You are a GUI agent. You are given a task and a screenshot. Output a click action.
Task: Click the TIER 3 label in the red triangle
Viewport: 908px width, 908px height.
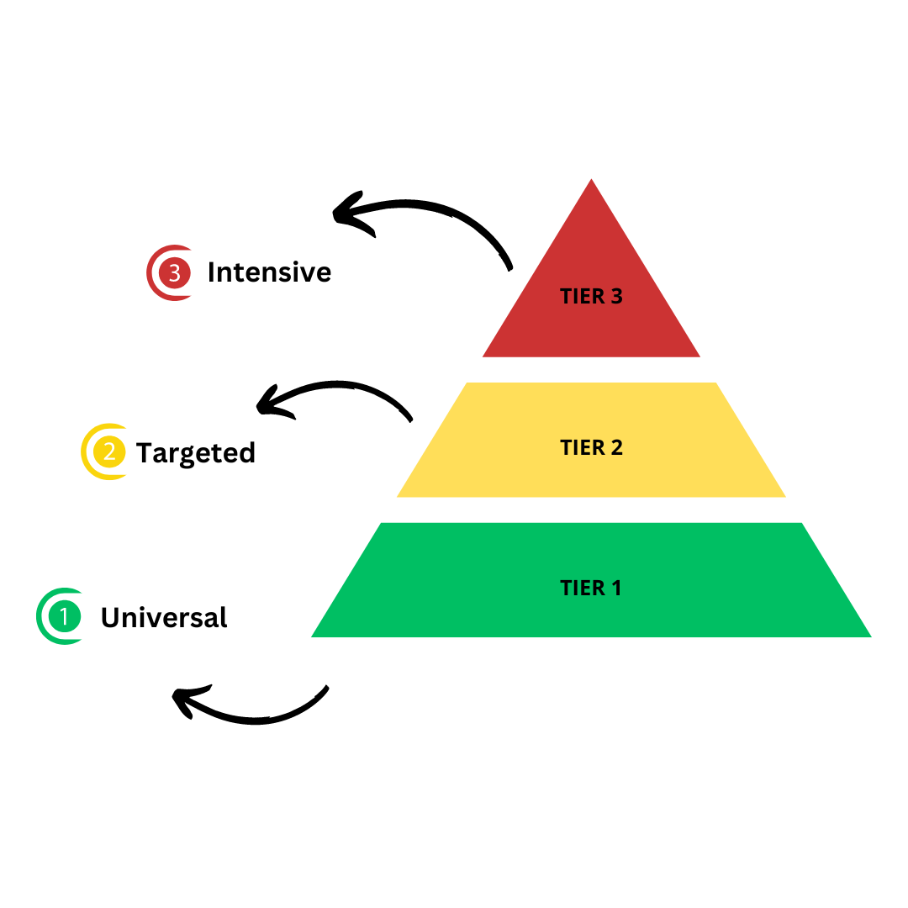coord(591,296)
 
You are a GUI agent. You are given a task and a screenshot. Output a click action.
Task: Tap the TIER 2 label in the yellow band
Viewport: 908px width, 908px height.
coord(591,447)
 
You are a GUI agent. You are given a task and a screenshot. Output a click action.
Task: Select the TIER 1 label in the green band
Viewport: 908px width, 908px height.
coord(590,588)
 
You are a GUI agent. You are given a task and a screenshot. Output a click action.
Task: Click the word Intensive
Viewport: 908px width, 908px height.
coord(269,272)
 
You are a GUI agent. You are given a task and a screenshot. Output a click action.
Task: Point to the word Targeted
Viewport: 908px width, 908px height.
coord(195,452)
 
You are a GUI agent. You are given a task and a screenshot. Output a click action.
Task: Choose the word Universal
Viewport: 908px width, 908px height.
coord(164,617)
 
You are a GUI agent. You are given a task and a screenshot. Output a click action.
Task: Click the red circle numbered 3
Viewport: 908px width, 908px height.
coord(175,273)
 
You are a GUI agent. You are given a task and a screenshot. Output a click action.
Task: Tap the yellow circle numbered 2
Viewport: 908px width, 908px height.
coord(108,451)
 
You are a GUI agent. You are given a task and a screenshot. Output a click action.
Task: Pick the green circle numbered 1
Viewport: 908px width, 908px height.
coord(64,616)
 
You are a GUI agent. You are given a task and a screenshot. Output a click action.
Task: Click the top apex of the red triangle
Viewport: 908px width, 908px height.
coord(591,179)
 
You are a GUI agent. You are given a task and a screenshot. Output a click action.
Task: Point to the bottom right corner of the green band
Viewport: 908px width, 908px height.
coord(870,636)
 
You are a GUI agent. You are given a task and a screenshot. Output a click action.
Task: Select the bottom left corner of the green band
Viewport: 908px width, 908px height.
coord(313,636)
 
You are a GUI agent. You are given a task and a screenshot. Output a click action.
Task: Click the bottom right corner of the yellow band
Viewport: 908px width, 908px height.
coord(785,497)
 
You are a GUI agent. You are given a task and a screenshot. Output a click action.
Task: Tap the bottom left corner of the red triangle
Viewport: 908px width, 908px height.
coord(483,356)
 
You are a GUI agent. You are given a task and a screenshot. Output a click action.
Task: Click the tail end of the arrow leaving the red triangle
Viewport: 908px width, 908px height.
coord(510,269)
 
